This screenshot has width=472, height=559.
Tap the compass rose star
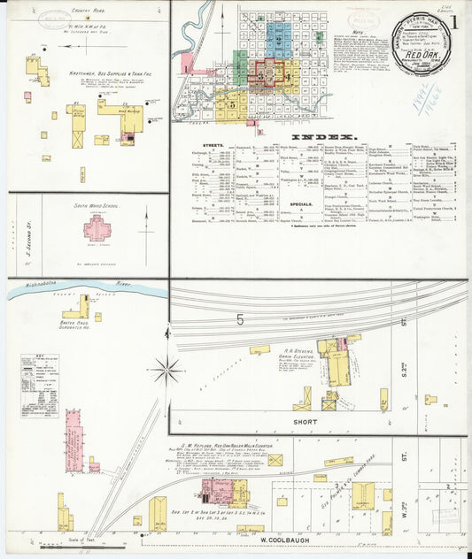click(x=166, y=370)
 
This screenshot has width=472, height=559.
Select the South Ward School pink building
click(x=97, y=230)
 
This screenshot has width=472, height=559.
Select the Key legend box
click(x=40, y=386)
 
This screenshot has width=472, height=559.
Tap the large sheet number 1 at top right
click(x=453, y=20)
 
